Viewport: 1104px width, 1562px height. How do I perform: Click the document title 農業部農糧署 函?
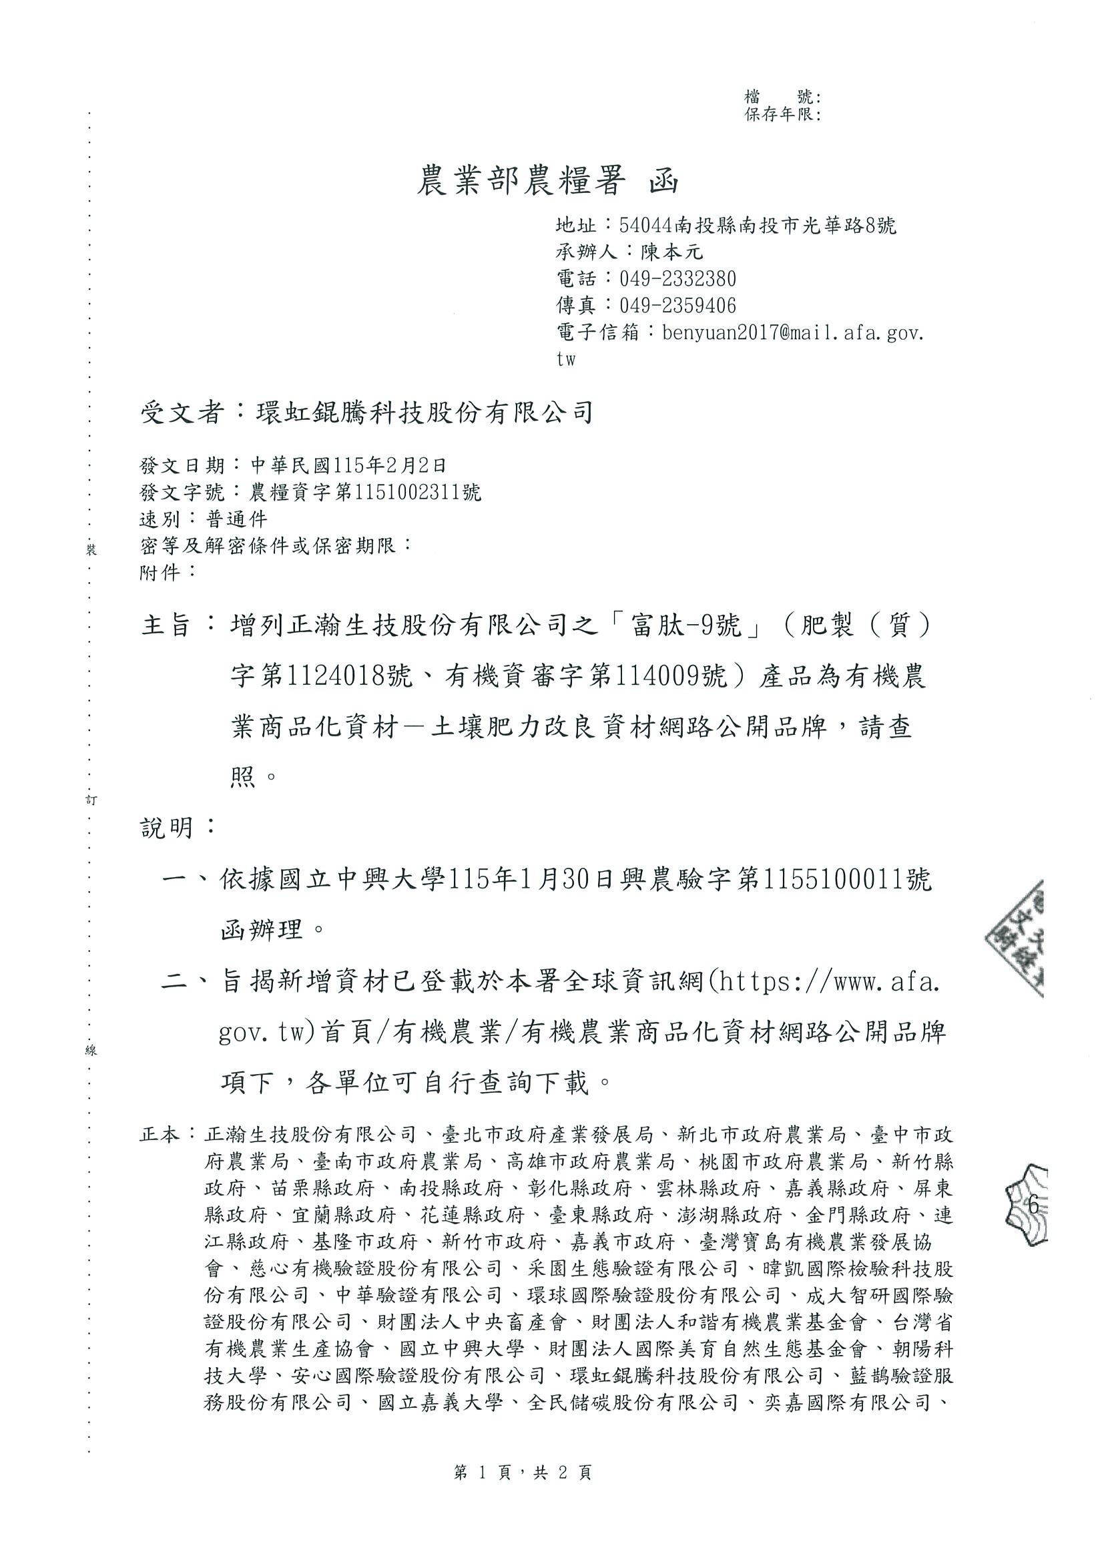[547, 182]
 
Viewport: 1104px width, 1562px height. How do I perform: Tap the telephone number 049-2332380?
[677, 279]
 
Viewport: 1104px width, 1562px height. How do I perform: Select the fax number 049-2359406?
[677, 306]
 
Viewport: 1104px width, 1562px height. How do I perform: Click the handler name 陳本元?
[672, 252]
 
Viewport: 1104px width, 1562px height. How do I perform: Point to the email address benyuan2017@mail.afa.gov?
[793, 332]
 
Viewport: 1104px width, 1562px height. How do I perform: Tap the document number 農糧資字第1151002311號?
[366, 492]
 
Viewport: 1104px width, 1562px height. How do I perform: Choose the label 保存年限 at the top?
[782, 115]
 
